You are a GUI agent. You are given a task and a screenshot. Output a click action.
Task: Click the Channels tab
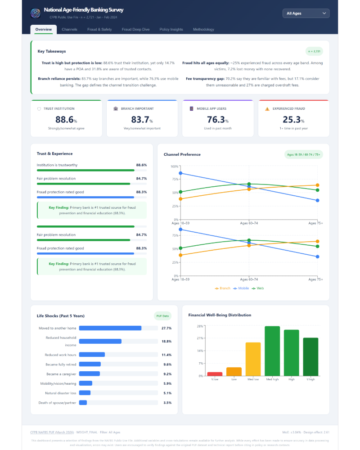tap(69, 30)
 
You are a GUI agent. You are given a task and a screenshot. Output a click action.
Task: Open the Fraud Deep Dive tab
tap(135, 30)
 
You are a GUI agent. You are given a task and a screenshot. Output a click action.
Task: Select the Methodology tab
tap(203, 30)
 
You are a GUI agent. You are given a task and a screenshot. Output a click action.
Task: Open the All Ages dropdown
tap(306, 13)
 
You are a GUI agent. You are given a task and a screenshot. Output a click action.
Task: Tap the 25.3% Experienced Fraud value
tap(293, 120)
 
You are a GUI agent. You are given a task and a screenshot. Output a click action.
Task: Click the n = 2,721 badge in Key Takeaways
tap(314, 51)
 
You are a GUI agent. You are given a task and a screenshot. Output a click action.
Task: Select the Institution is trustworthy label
tap(57, 165)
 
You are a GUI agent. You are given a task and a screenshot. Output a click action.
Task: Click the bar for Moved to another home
tap(110, 328)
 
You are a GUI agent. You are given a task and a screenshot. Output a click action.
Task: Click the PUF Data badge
tap(162, 316)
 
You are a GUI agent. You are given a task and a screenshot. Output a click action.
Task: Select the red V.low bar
tap(215, 373)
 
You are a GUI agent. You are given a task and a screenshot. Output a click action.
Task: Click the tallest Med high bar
tap(272, 351)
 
